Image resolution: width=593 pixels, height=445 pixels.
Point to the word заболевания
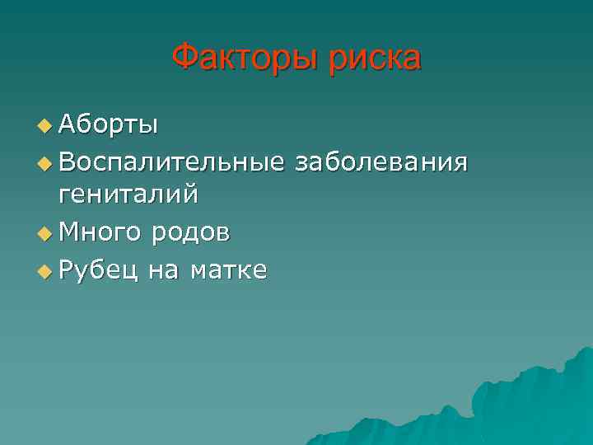(x=382, y=161)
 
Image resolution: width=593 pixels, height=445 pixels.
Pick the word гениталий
(x=128, y=195)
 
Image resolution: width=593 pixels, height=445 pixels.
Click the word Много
(x=99, y=233)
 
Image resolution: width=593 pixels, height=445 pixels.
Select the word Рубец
(x=98, y=269)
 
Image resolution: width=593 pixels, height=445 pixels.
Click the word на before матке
(x=163, y=269)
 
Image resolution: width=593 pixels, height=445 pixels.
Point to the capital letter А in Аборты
(x=66, y=125)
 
